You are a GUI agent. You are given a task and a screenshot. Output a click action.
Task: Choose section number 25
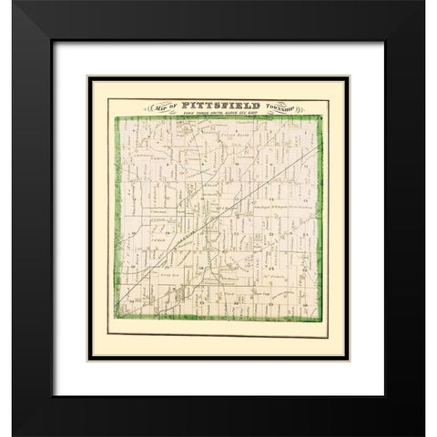click(x=303, y=271)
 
